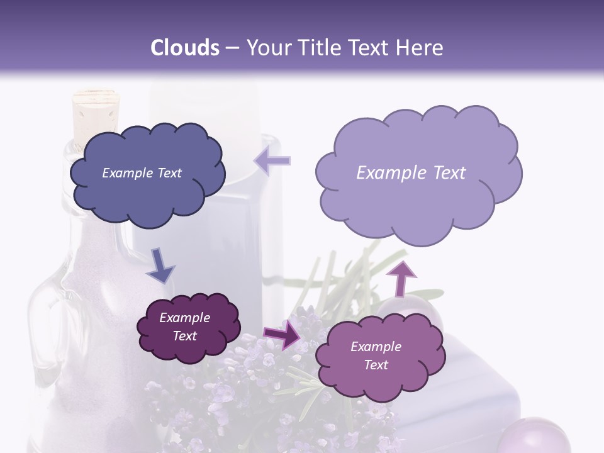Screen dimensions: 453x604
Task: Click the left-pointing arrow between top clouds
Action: [272, 161]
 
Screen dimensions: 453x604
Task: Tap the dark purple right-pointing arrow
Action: [282, 335]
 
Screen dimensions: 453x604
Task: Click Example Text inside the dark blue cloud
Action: [142, 173]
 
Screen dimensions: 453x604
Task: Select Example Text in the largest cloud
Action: [411, 173]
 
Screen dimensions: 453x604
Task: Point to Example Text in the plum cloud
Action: [185, 327]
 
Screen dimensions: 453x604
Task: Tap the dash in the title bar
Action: [232, 48]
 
